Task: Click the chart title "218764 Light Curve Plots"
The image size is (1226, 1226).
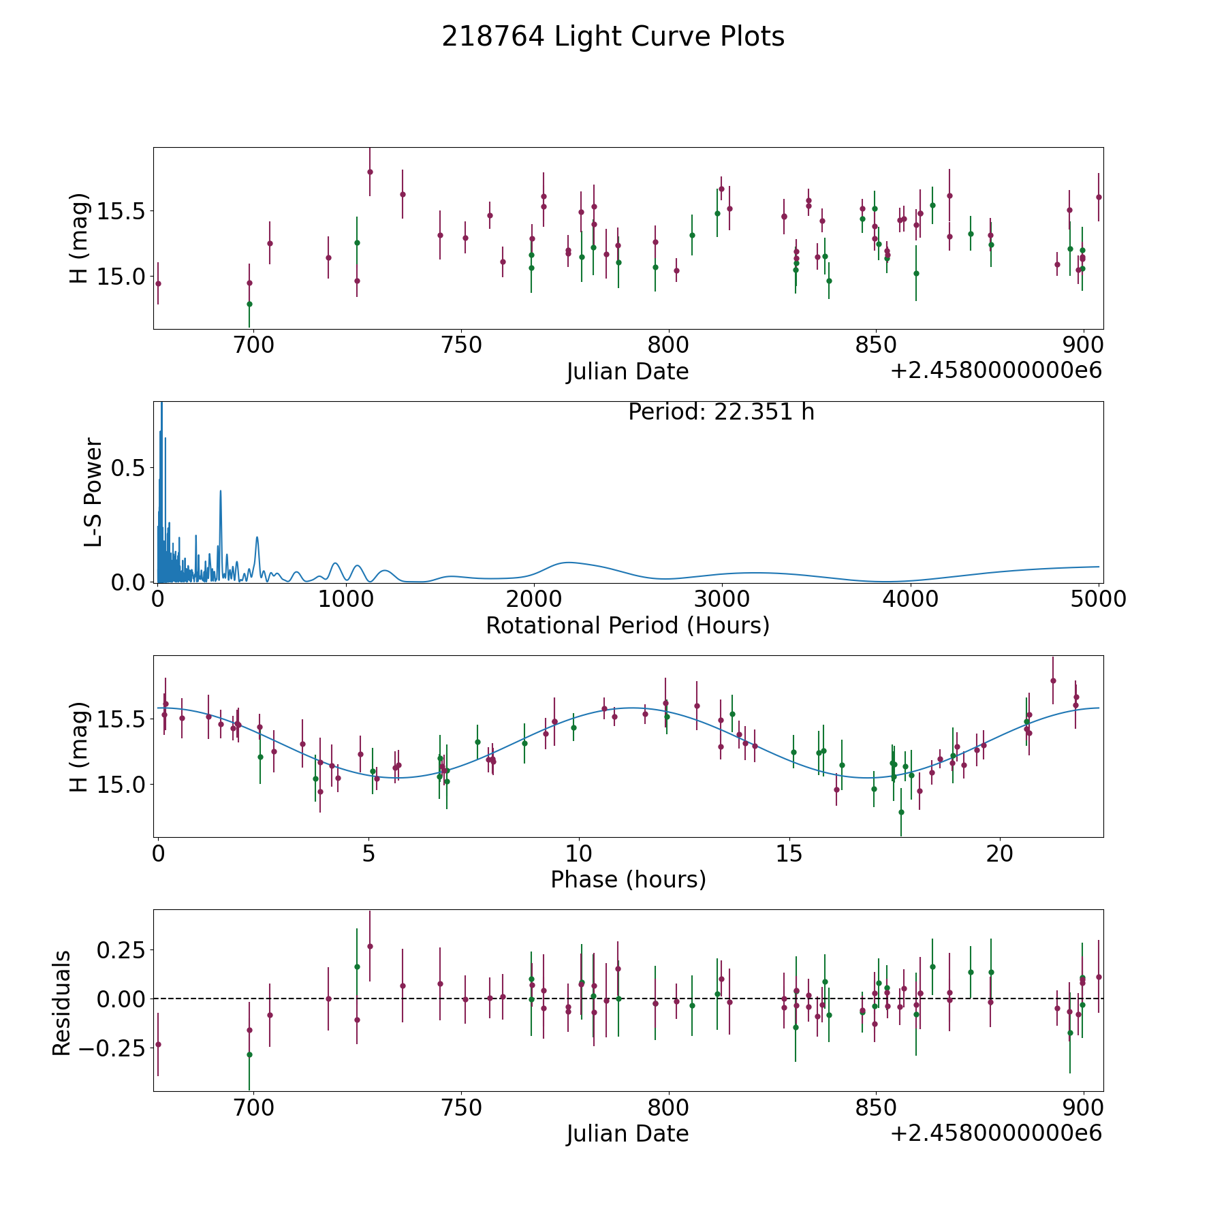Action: tap(613, 37)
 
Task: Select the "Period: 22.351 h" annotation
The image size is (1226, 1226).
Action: tap(721, 412)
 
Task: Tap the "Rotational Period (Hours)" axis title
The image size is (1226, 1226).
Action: tap(628, 625)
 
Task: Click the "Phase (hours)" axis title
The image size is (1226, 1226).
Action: tap(628, 879)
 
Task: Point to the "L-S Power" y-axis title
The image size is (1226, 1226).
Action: tap(93, 492)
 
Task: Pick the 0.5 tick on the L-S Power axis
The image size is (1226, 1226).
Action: tap(129, 468)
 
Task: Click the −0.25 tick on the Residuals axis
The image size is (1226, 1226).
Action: tap(114, 1048)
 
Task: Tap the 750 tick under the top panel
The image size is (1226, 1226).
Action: tap(461, 345)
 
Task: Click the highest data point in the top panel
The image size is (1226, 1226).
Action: tap(370, 172)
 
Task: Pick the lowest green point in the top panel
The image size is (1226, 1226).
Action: tap(249, 304)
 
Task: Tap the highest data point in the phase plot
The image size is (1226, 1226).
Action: tap(1053, 680)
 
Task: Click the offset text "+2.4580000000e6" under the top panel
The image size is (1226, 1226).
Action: tap(996, 371)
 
